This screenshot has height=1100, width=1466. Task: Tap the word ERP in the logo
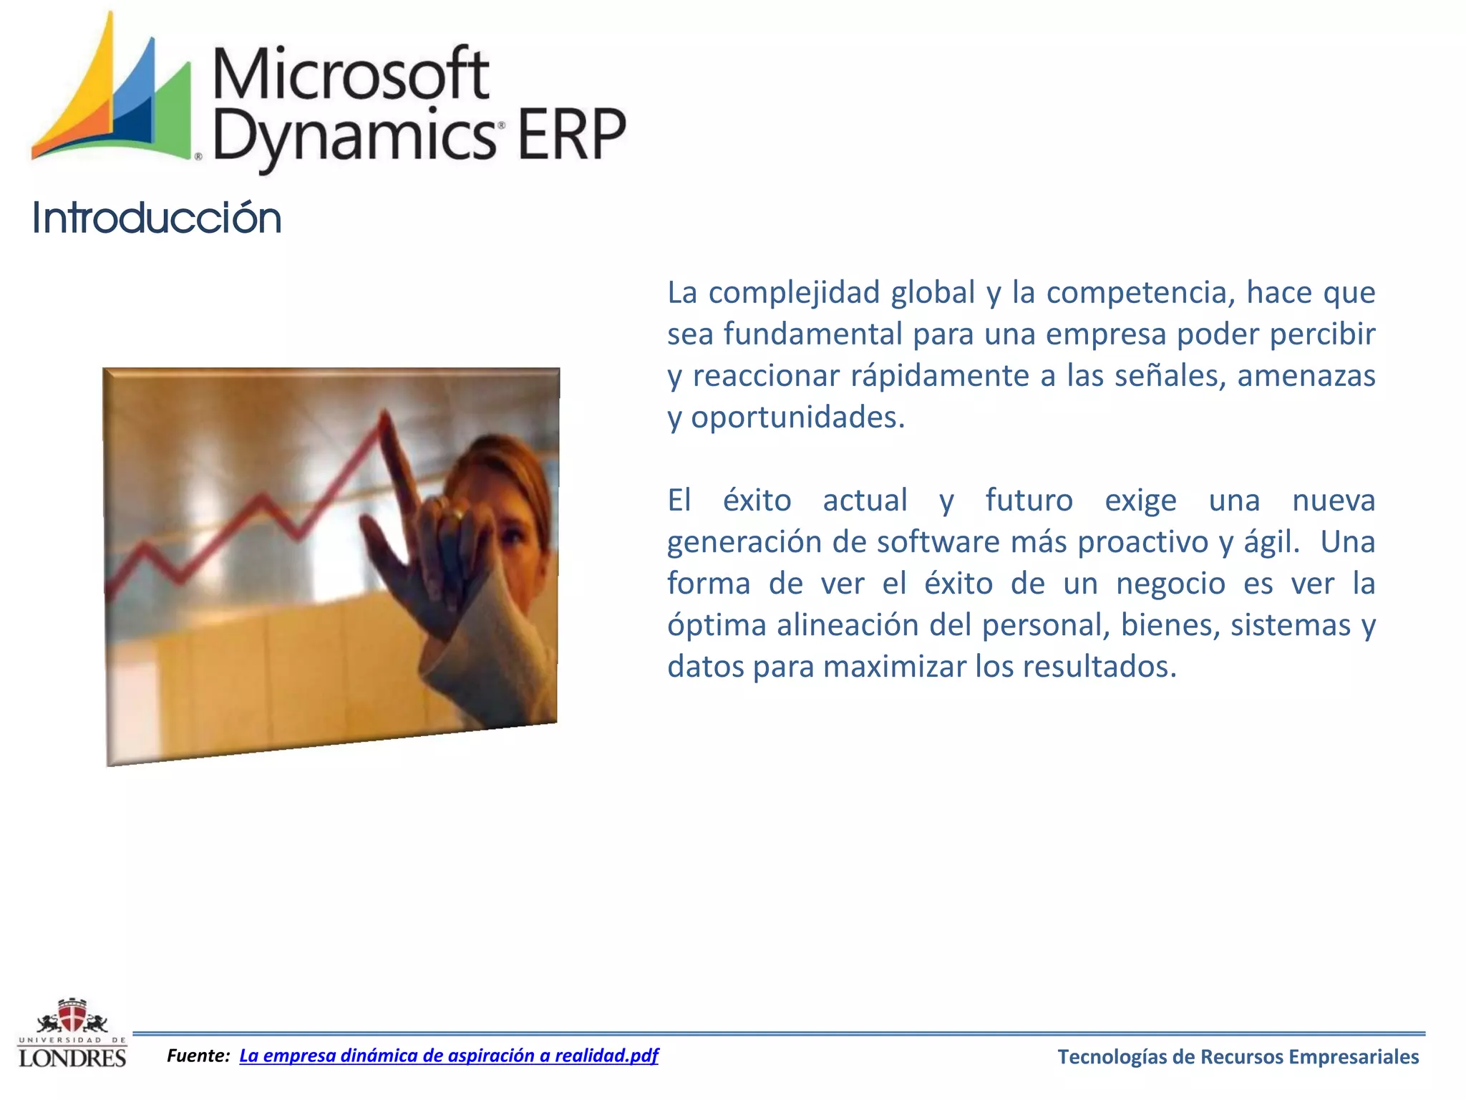(x=571, y=135)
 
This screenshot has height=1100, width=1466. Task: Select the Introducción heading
(x=157, y=218)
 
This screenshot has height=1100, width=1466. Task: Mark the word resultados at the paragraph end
(x=1099, y=667)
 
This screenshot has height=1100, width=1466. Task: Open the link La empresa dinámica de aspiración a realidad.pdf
(x=448, y=1055)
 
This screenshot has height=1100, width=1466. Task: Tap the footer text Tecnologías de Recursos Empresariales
(x=1238, y=1056)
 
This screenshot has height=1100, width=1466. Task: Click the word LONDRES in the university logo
(x=72, y=1058)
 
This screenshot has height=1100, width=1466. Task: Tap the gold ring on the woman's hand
(x=457, y=513)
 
